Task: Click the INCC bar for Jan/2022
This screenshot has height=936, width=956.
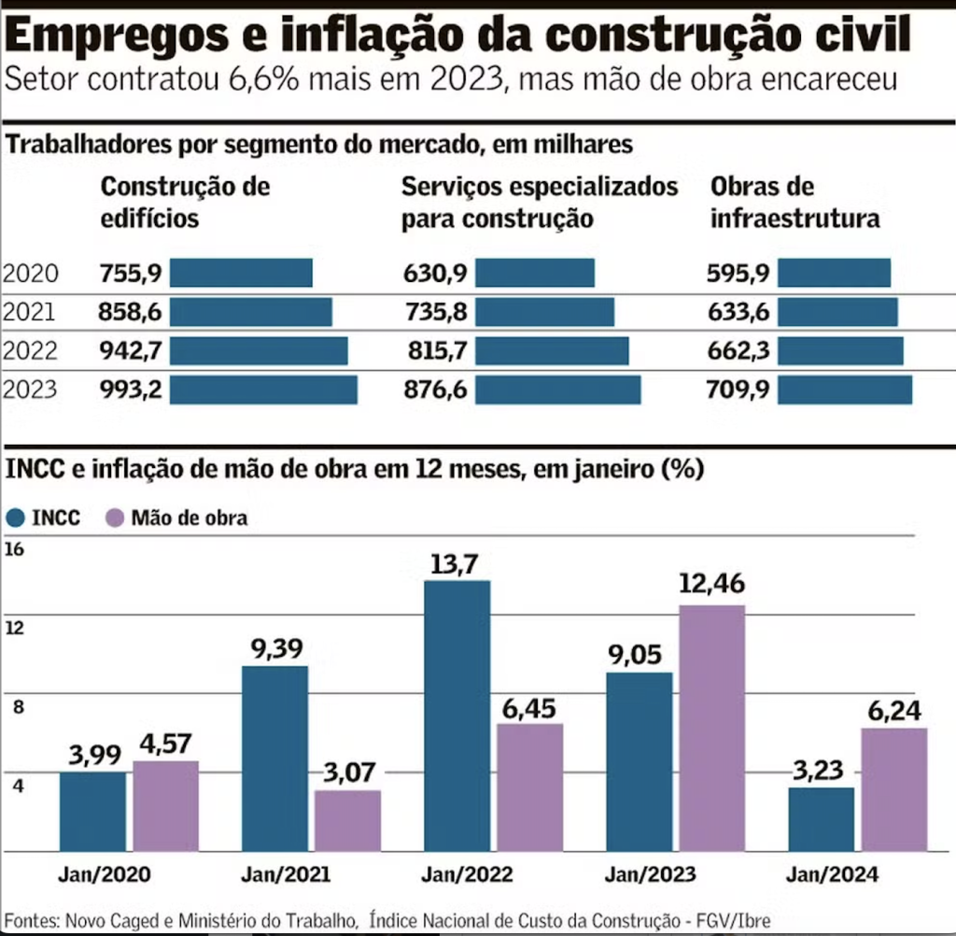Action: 457,716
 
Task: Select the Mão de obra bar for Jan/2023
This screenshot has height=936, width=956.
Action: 712,728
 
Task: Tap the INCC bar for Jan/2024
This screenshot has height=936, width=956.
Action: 821,819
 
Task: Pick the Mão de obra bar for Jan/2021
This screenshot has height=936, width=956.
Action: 347,821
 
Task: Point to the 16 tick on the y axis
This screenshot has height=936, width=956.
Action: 14,549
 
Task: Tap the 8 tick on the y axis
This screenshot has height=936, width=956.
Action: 14,706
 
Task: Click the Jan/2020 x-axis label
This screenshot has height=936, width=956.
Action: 104,875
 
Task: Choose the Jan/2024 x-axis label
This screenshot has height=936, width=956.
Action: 834,875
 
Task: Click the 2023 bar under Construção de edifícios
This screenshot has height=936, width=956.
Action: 263,390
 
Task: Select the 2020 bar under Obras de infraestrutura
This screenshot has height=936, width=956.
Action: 834,273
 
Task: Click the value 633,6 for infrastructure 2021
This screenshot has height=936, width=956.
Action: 739,312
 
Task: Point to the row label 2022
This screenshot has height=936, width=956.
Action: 30,351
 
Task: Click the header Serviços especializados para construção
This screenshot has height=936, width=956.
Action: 539,203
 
